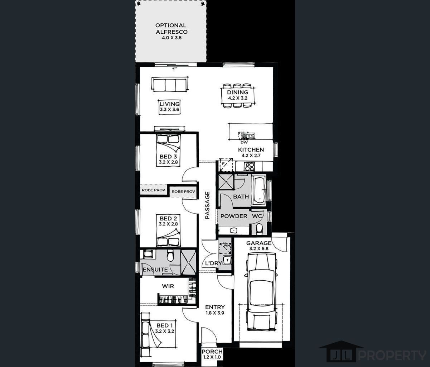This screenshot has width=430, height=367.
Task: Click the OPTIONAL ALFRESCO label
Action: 171,29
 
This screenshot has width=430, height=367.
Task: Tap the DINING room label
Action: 238,92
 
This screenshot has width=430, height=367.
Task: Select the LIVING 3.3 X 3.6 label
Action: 170,106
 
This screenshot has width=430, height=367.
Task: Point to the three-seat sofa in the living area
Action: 170,84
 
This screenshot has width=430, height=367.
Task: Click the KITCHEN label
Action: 251,149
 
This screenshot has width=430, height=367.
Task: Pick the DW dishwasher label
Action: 244,143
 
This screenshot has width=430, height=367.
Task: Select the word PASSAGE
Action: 207,205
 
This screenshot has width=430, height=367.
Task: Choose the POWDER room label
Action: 234,216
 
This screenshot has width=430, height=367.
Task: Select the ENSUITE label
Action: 155,270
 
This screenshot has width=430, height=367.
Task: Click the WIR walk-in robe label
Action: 168,286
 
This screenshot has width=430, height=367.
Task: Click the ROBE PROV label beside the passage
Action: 183,191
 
